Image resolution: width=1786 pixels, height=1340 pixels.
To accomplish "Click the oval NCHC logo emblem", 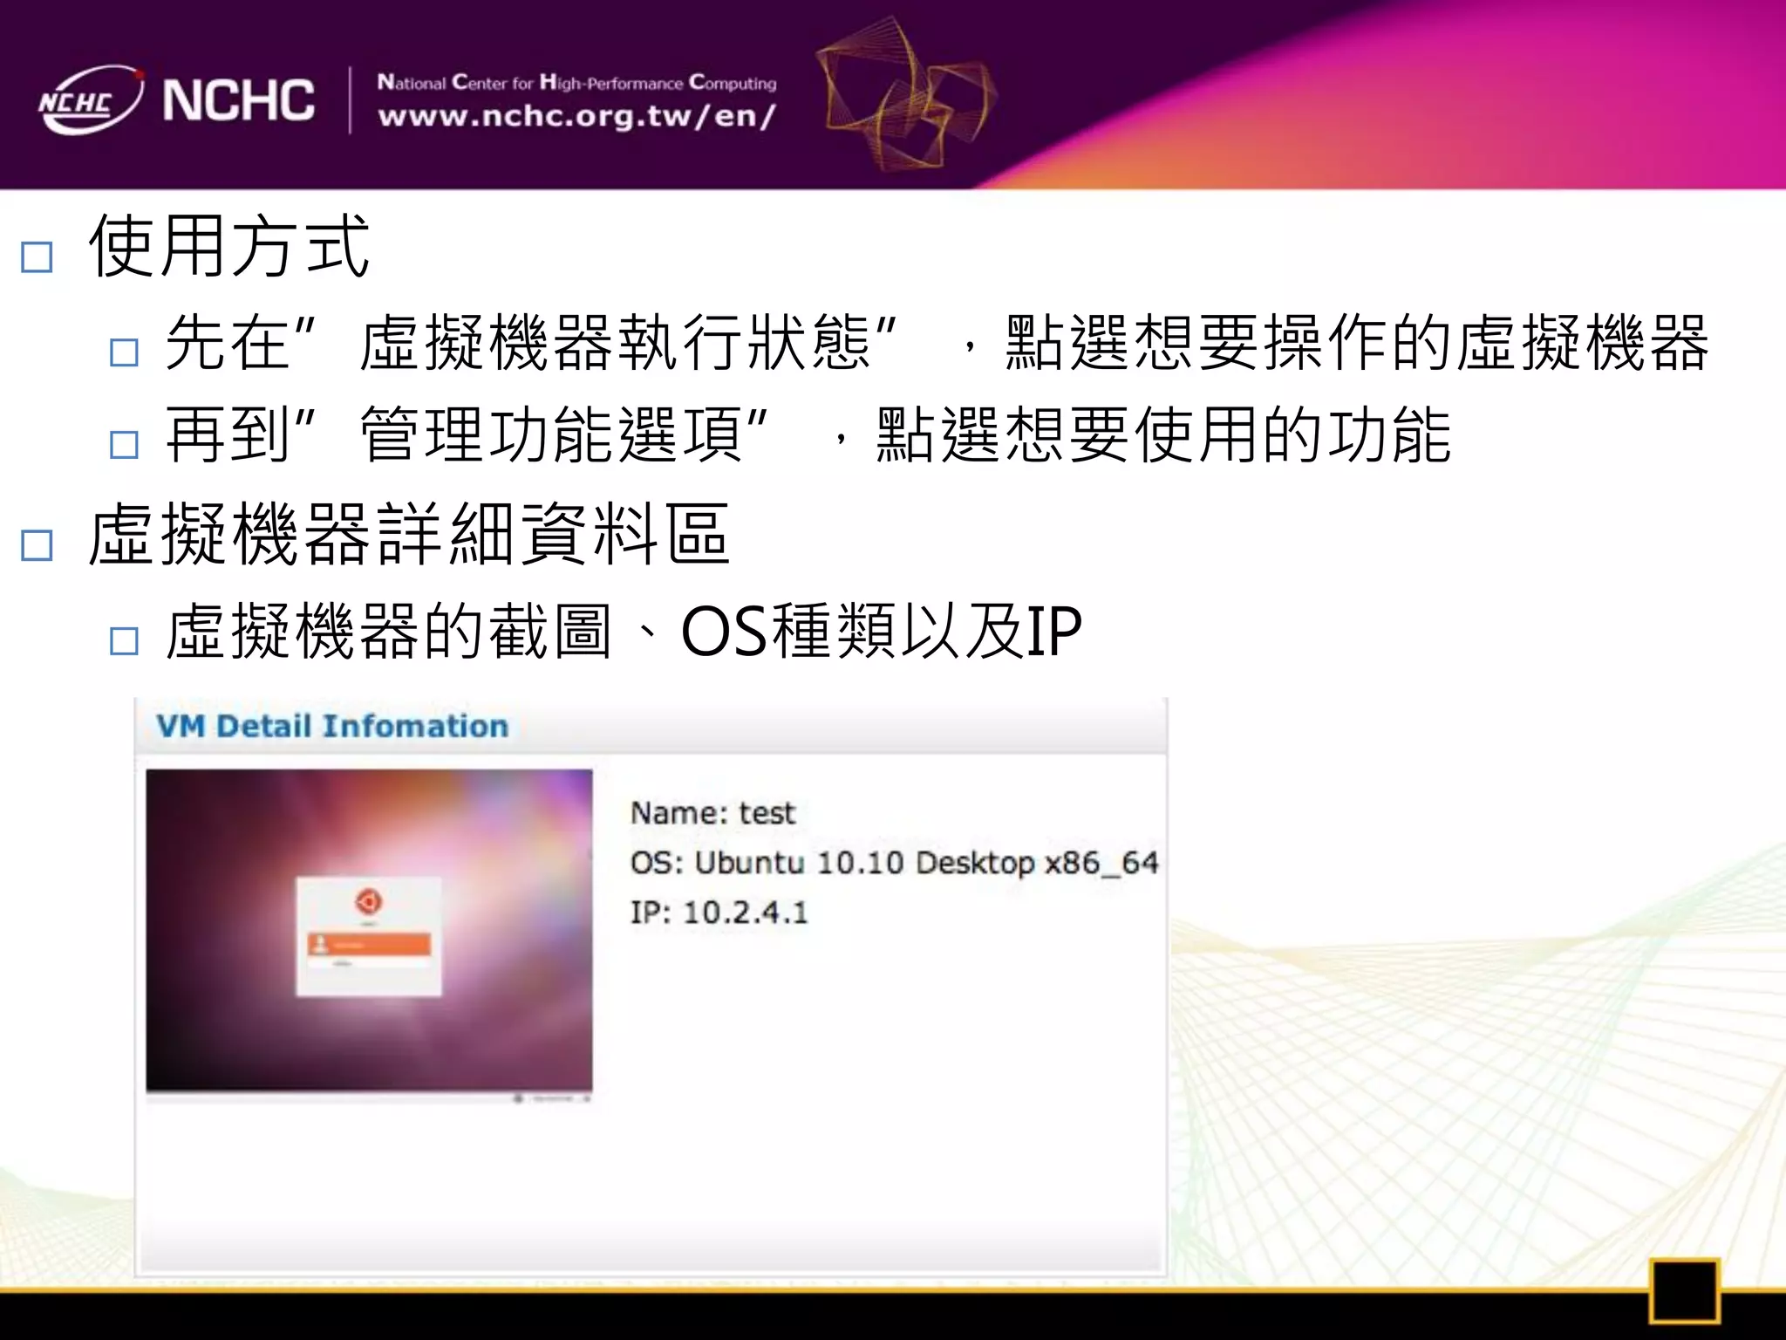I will (x=90, y=100).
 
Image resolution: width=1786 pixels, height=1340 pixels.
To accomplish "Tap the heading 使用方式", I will (x=229, y=247).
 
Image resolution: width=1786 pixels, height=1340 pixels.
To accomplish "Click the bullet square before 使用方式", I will (x=37, y=257).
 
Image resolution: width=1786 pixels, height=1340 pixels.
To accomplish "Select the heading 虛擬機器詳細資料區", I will (x=408, y=534).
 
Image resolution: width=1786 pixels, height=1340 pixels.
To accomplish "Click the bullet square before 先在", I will (x=124, y=352).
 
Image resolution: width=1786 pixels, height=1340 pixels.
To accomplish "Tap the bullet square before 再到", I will (x=124, y=445).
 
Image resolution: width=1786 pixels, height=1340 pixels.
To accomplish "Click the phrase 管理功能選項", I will (x=551, y=434).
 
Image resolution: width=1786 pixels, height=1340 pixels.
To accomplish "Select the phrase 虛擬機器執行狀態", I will (x=616, y=342).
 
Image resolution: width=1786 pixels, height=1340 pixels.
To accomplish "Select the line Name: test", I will (x=712, y=813).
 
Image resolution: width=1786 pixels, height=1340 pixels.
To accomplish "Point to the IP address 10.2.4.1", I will (x=746, y=913).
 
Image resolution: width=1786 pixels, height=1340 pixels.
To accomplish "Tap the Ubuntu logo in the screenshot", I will (x=369, y=901).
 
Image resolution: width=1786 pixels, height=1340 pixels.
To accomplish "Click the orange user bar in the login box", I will (x=369, y=945).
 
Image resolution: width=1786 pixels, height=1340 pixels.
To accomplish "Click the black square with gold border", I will (x=1683, y=1290).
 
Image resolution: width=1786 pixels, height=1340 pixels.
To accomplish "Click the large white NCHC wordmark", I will (x=238, y=100).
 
